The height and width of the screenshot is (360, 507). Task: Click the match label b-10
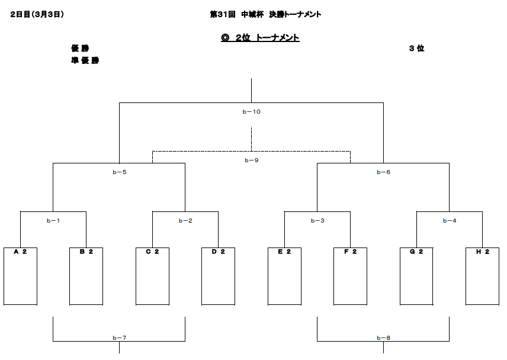[x=252, y=112]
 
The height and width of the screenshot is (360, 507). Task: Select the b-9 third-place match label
[x=252, y=160]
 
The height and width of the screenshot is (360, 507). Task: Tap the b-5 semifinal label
[x=119, y=172]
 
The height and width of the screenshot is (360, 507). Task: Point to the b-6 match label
[x=383, y=172]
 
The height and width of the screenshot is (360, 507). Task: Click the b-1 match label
[x=53, y=221]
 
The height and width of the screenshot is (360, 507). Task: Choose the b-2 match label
[x=185, y=221]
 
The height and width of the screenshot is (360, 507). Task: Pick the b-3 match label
[x=317, y=221]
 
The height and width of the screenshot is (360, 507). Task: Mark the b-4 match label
[x=450, y=221]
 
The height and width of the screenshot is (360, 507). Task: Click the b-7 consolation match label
[x=119, y=337]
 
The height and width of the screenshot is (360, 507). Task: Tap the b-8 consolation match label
[x=383, y=337]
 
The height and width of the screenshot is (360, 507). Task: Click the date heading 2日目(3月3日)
[x=37, y=14]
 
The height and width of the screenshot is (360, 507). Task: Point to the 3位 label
[x=416, y=49]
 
